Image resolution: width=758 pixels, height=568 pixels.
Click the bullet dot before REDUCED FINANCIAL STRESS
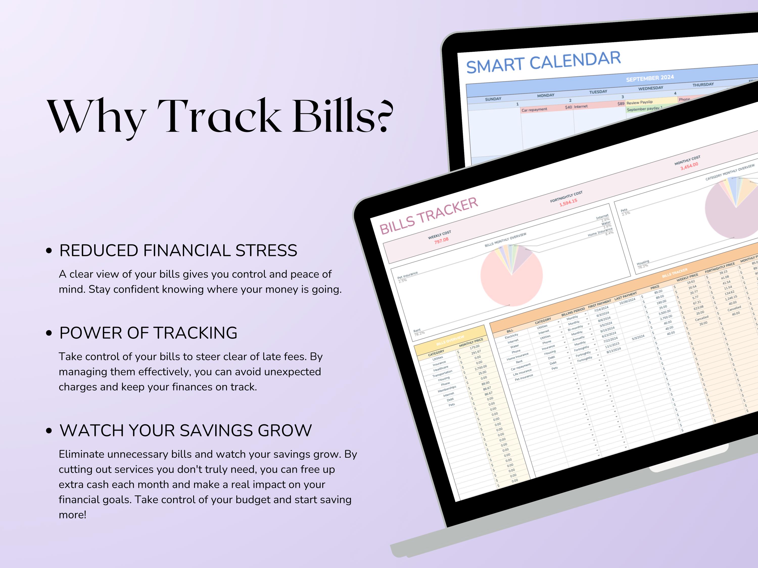coord(49,251)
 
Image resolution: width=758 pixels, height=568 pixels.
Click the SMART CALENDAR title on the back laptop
coord(543,62)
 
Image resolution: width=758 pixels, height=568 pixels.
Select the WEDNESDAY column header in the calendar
coord(650,88)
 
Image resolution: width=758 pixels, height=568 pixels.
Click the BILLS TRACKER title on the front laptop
coord(428,216)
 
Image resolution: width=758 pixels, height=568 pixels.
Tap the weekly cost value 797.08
coord(441,240)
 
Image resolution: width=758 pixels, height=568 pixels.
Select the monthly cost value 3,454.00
coord(689,166)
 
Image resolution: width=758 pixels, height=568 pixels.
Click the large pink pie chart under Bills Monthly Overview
coord(511,276)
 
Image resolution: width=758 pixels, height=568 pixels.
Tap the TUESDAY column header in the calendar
coord(598,92)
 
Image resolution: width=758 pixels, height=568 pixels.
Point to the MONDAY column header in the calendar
coord(546,95)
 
